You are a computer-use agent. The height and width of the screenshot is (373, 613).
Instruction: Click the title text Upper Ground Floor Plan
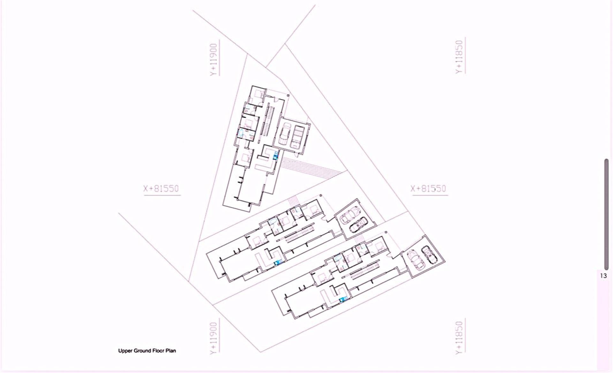[147, 351]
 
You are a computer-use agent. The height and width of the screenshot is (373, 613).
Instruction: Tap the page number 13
[603, 276]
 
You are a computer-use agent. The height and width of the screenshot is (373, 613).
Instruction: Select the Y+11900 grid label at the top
[214, 60]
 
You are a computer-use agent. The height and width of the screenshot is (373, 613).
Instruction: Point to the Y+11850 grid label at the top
[459, 57]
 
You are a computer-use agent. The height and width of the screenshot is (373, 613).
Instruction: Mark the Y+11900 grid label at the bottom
[214, 337]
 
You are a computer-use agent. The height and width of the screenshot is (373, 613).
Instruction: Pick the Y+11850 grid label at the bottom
[459, 337]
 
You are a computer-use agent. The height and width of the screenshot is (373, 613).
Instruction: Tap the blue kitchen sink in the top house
[276, 156]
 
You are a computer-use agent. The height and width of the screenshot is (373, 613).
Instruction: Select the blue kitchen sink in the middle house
[279, 263]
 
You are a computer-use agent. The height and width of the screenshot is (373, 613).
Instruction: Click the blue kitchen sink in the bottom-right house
[344, 299]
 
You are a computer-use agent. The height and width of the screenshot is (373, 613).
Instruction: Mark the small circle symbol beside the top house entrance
[288, 95]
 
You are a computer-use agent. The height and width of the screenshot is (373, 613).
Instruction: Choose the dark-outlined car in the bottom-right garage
[428, 255]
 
